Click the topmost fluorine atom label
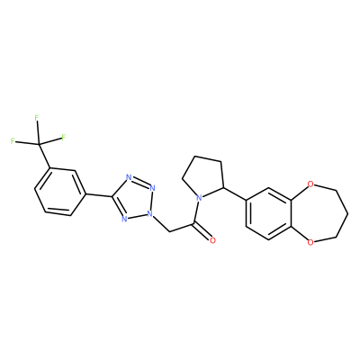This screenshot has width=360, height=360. [x=37, y=118]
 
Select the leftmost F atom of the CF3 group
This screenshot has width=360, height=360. [x=13, y=140]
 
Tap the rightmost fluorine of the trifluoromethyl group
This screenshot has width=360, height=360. [x=63, y=138]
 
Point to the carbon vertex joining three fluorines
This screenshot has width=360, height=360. [x=39, y=145]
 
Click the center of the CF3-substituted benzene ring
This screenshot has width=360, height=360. [x=59, y=192]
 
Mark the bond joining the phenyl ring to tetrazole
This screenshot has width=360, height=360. [x=99, y=195]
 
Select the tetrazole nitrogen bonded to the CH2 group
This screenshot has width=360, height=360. [x=150, y=214]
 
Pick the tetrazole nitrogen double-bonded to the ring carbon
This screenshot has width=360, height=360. [x=124, y=219]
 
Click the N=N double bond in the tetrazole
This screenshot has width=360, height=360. [x=141, y=183]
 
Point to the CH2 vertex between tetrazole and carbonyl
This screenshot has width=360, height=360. [x=169, y=231]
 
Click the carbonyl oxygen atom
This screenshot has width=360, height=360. [x=212, y=240]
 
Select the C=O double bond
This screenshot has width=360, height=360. [x=202, y=231]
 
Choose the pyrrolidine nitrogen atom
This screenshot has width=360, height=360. [x=198, y=198]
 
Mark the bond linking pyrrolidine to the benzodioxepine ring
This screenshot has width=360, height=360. [x=235, y=193]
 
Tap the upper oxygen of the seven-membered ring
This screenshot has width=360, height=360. [x=310, y=184]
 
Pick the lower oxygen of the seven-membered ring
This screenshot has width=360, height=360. [x=310, y=241]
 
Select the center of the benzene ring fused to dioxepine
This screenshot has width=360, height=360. [x=268, y=212]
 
